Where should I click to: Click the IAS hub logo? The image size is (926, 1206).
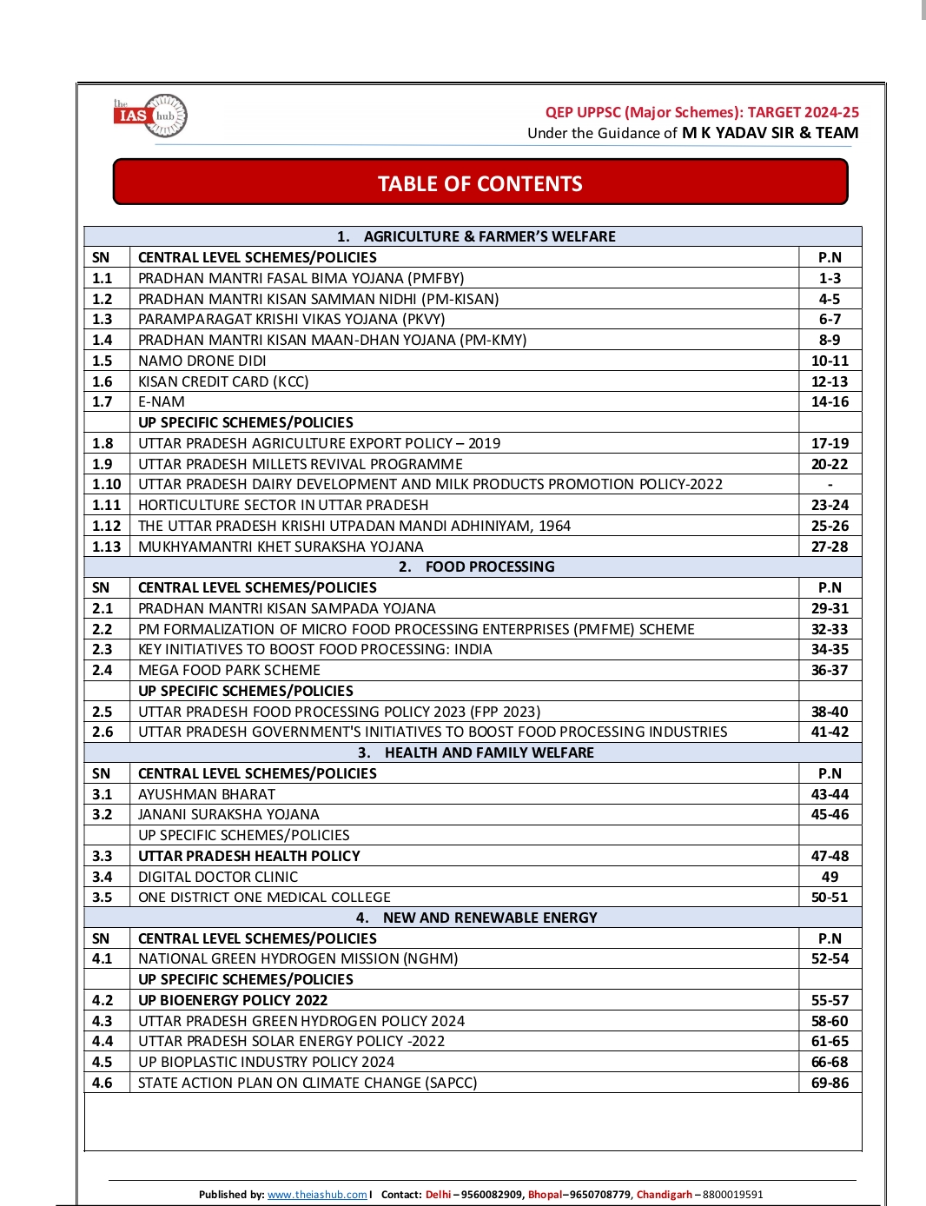(150, 116)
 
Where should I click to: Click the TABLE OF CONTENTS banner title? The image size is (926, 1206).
(480, 184)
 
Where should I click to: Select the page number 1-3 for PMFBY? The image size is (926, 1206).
(830, 278)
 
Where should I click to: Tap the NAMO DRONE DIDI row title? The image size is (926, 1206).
(202, 361)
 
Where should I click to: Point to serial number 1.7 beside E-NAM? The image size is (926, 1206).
(103, 401)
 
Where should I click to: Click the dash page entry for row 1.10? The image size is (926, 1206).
(830, 484)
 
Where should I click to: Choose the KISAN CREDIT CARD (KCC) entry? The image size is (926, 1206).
(223, 381)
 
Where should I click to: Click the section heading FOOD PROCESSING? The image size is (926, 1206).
(489, 567)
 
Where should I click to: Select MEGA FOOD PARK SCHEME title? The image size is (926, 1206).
(229, 670)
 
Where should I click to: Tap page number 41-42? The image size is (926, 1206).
(830, 732)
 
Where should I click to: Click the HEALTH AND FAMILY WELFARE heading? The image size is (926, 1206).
(489, 752)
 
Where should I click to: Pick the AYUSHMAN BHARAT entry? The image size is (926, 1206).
(207, 794)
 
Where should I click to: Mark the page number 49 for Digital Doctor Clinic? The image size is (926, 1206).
(830, 877)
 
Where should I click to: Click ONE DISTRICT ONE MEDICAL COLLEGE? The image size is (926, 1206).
(264, 897)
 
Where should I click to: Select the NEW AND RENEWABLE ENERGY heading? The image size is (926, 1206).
(490, 918)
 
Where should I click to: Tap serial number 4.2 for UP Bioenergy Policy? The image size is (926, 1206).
(103, 1000)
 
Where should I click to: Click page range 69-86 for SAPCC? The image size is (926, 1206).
(830, 1083)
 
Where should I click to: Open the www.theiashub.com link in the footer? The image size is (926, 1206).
(317, 1195)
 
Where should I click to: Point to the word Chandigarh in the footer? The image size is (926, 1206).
(665, 1195)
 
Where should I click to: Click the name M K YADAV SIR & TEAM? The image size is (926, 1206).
(770, 133)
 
